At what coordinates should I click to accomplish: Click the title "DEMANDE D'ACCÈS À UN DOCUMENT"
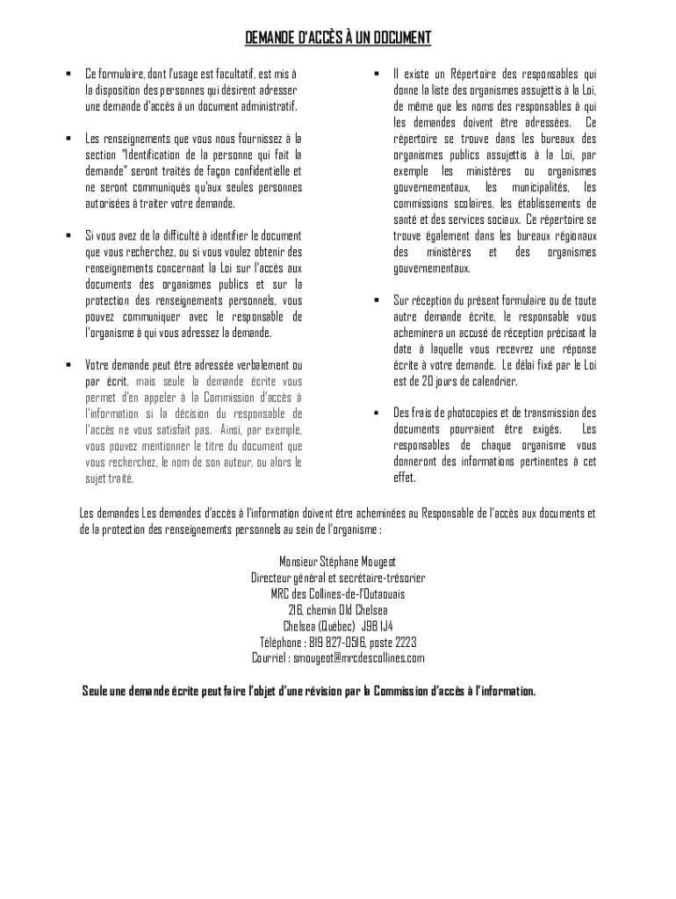click(x=338, y=38)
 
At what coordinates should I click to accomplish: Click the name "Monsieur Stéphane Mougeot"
click(x=338, y=561)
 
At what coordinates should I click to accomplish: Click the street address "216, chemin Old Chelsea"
click(x=338, y=609)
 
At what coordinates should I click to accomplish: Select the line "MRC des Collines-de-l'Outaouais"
click(x=338, y=593)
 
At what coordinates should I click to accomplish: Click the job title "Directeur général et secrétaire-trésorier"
click(x=338, y=578)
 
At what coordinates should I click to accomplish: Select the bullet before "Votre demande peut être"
click(x=68, y=364)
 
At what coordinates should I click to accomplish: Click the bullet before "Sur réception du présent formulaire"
click(x=376, y=300)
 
